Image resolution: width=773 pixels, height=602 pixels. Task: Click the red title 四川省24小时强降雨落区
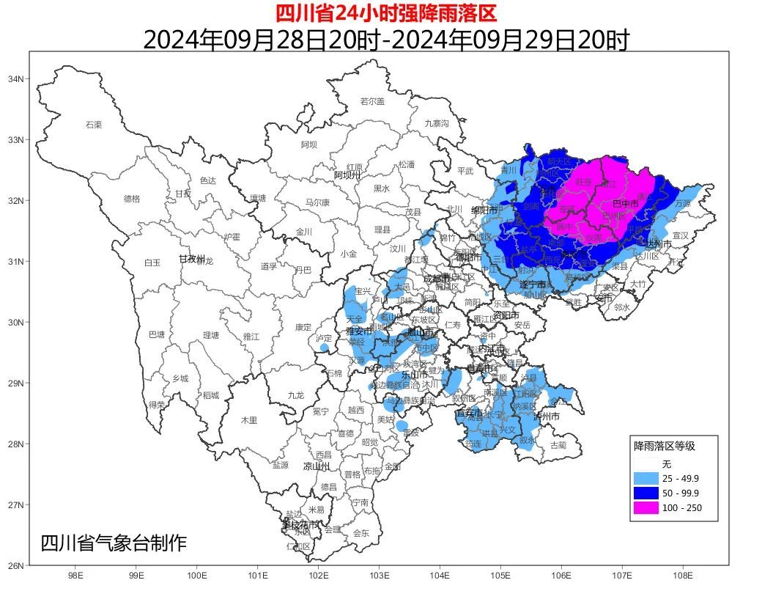pos(385,13)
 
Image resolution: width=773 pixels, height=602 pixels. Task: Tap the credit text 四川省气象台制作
pos(114,543)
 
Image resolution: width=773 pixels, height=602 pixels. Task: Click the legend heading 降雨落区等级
pos(664,446)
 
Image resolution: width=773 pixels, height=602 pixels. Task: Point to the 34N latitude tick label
pos(16,79)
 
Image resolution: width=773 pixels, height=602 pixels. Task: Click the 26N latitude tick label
pos(16,565)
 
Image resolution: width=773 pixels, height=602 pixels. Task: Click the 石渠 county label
pos(94,125)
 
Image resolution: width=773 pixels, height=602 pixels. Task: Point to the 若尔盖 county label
pos(372,102)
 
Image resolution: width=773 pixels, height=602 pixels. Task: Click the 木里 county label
pos(250,420)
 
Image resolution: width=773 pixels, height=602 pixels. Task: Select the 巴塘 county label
pos(158,334)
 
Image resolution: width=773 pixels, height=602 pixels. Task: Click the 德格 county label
pos(132,199)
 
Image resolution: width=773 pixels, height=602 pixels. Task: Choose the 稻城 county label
pos(211,395)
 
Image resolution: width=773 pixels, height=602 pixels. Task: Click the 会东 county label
pos(361,533)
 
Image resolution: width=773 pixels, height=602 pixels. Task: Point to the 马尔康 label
pos(317,202)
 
